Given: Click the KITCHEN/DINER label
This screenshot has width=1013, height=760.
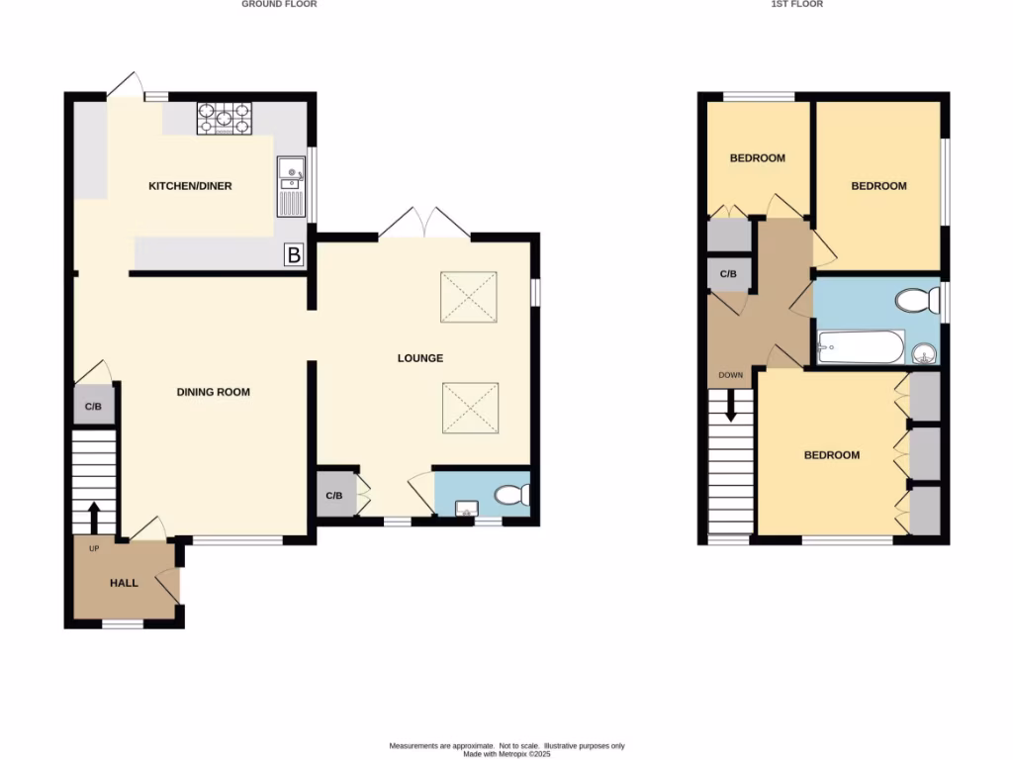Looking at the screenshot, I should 190,186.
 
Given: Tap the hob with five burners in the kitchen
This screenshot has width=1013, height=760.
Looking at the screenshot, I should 224,119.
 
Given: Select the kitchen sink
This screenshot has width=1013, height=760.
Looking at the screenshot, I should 291,187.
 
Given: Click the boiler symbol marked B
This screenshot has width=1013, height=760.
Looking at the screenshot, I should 293,255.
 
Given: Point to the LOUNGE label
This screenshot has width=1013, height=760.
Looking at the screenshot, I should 421,358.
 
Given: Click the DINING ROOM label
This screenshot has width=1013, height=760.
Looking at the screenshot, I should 213,392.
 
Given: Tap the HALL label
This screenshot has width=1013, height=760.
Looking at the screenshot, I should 124,583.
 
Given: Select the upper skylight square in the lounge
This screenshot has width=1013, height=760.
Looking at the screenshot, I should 469,297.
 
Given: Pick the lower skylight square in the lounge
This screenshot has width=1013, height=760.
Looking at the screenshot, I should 469,408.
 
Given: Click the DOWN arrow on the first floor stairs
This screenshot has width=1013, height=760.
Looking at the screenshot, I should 731,405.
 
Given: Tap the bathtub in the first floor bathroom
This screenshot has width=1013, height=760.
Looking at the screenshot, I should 861,347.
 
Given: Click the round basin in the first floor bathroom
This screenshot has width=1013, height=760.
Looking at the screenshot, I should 923,353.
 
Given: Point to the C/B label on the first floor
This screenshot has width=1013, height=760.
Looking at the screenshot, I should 727,274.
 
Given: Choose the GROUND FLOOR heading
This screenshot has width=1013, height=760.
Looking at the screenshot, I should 279,5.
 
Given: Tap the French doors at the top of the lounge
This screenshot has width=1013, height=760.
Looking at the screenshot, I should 424,225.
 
